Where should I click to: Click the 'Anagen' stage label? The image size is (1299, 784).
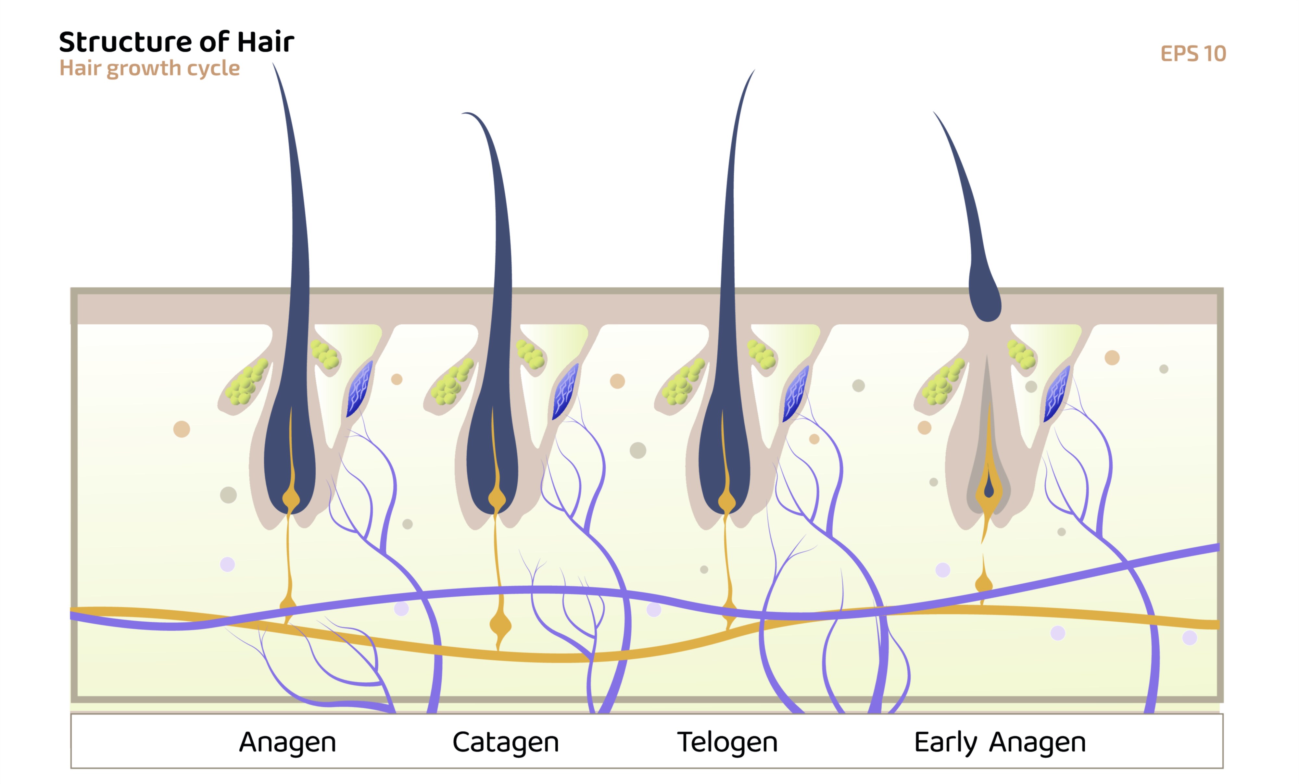287,742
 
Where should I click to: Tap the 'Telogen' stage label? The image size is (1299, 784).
727,742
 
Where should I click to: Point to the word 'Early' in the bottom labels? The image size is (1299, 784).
945,742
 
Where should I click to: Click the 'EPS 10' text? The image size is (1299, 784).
1193,54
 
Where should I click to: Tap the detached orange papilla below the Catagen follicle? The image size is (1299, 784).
500,625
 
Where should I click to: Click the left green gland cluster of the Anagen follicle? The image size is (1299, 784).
246,382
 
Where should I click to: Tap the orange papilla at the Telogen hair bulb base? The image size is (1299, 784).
727,502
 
